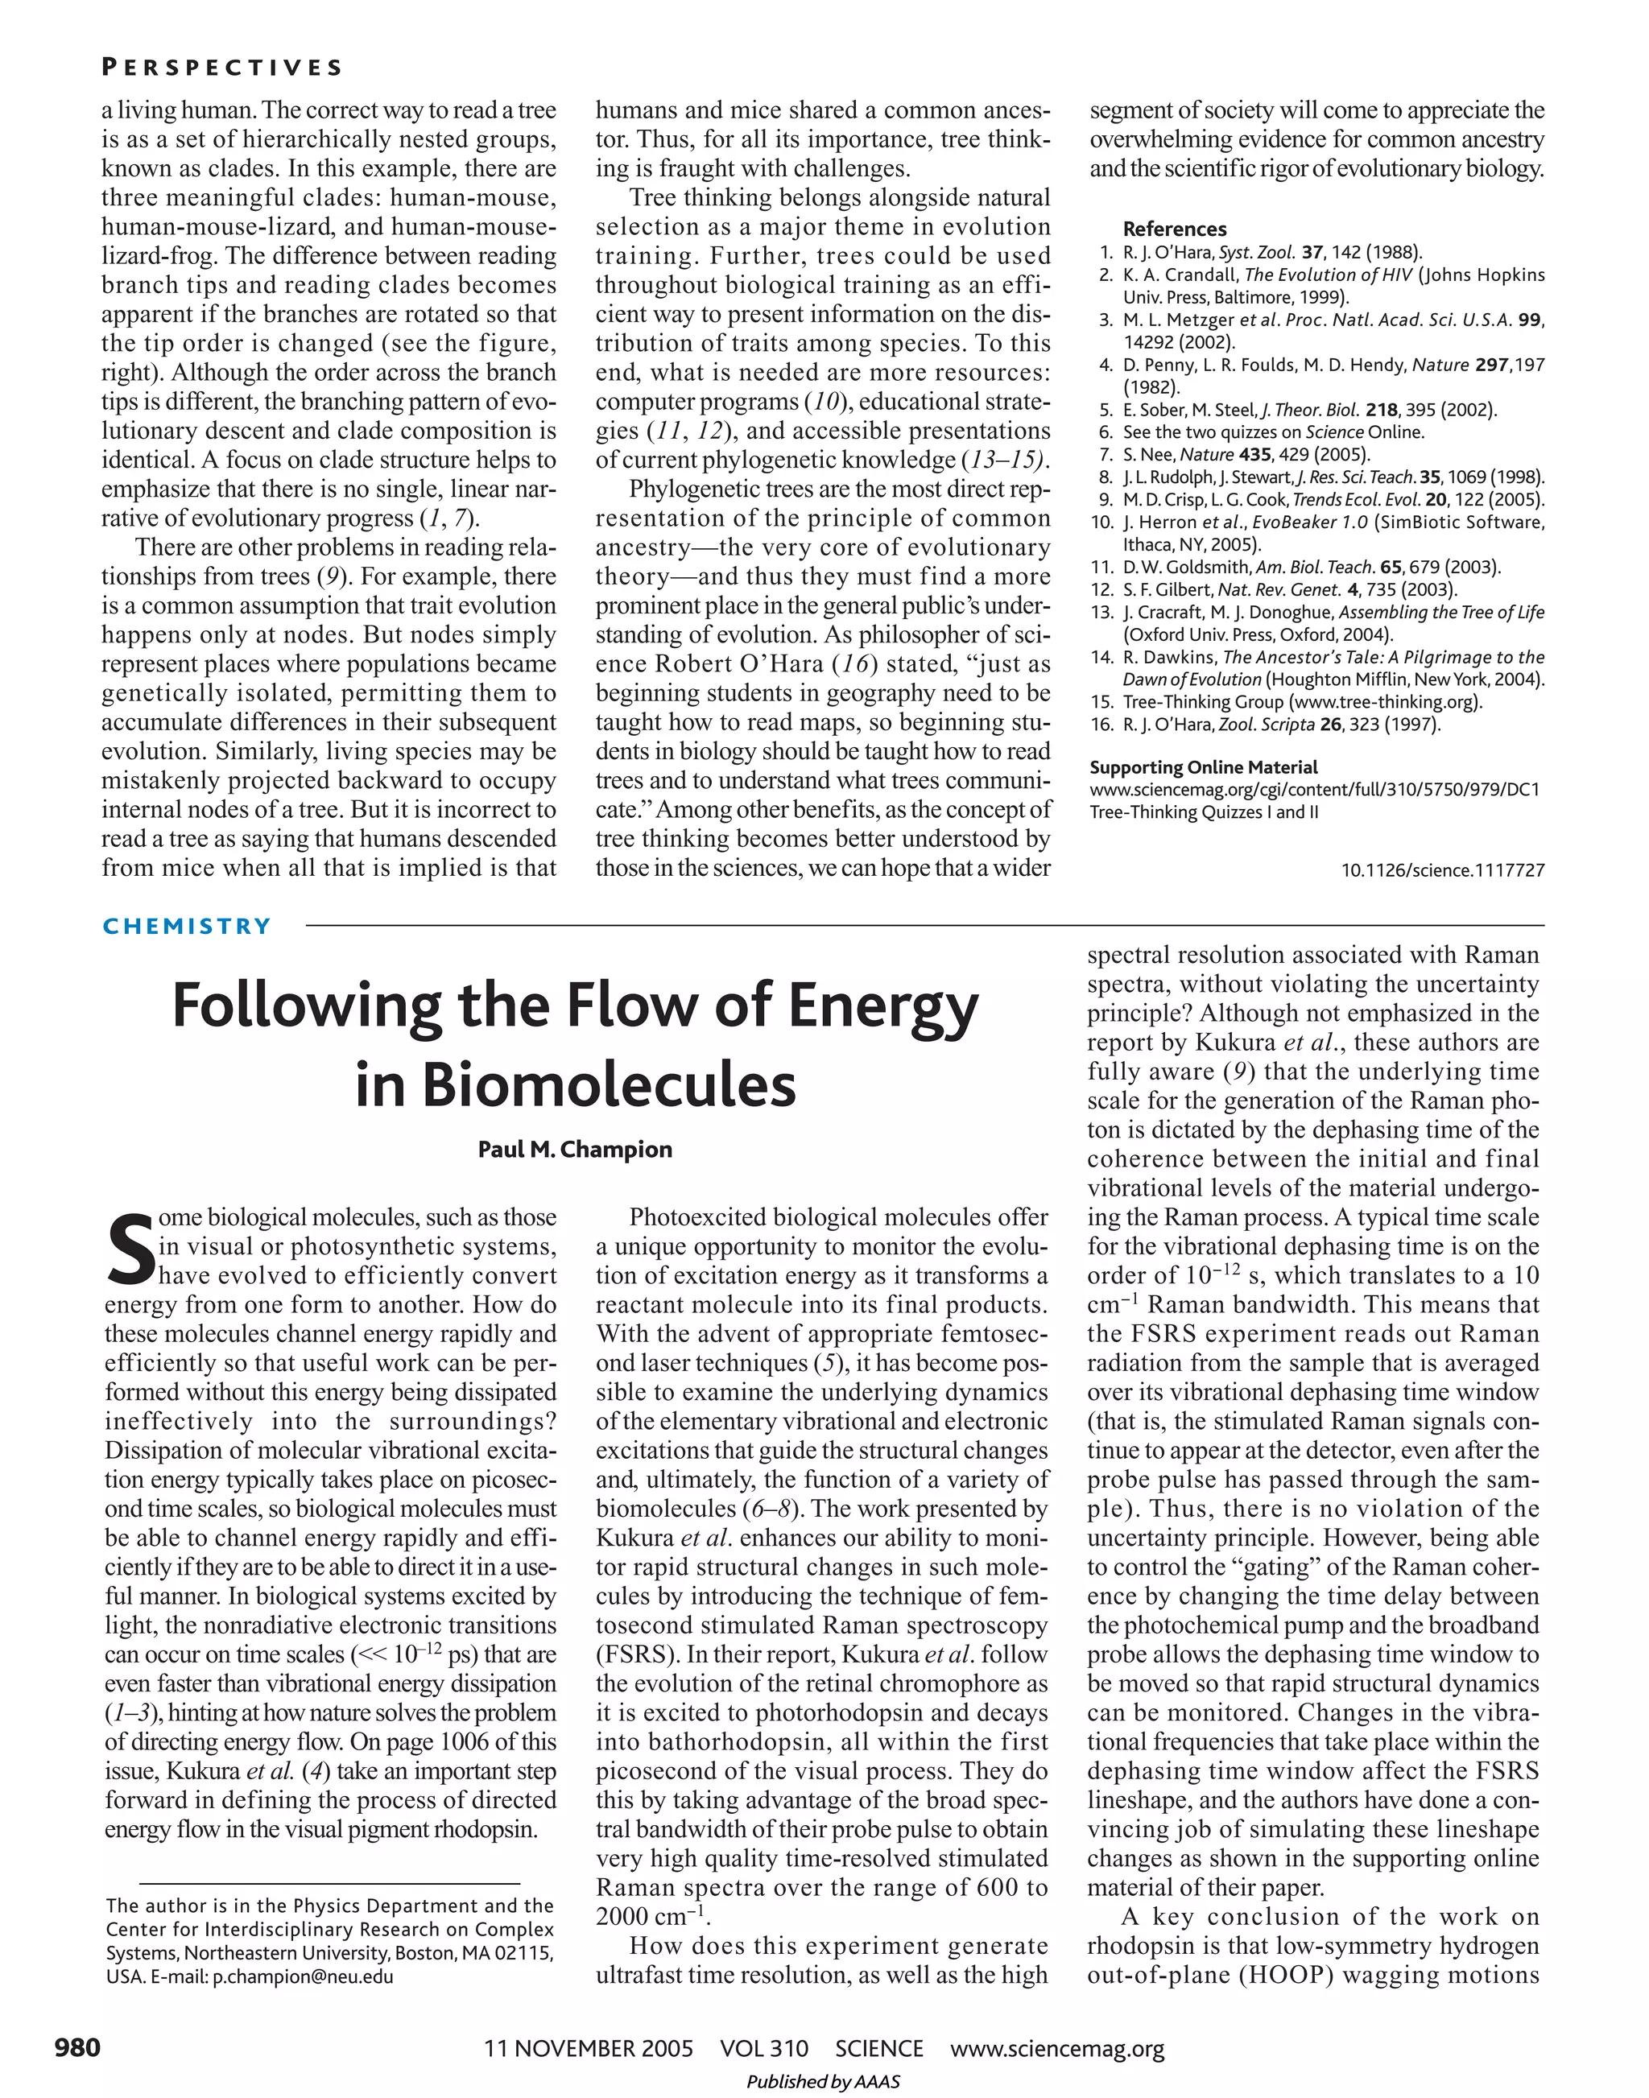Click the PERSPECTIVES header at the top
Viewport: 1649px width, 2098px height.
click(222, 68)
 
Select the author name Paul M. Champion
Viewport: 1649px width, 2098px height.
click(576, 1149)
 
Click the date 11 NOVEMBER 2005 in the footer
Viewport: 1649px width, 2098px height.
click(588, 2048)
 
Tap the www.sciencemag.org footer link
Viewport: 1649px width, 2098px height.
click(1057, 2048)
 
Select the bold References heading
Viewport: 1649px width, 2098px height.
click(1174, 229)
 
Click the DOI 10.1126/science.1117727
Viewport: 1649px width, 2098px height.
click(1442, 870)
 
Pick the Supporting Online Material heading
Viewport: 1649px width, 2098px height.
click(1203, 767)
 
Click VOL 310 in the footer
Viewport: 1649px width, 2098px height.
click(763, 2048)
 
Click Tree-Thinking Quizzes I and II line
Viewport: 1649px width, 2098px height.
click(1204, 812)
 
